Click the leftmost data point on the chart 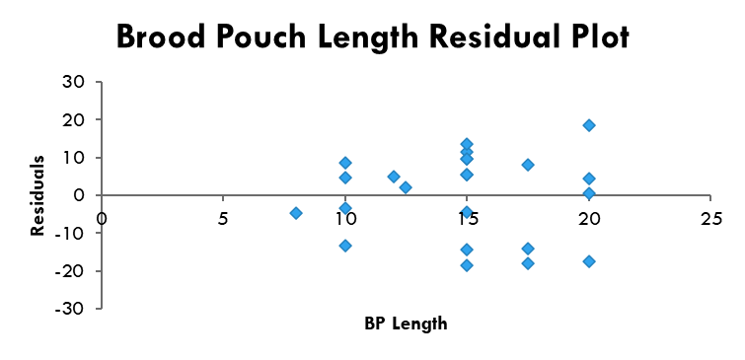click(x=296, y=213)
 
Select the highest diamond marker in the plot click(x=589, y=125)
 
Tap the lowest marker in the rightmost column click(x=589, y=261)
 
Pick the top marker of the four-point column click(x=345, y=163)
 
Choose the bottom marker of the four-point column click(x=345, y=246)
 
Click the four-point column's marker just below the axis click(x=345, y=208)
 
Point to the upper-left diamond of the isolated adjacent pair click(x=394, y=177)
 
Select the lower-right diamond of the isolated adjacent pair click(x=406, y=187)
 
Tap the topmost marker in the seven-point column click(x=467, y=144)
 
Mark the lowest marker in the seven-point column click(x=467, y=265)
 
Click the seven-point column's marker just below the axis click(x=467, y=212)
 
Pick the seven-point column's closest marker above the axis click(x=467, y=175)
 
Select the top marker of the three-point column click(x=528, y=165)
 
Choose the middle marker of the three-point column click(x=528, y=249)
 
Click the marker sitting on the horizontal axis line click(x=589, y=194)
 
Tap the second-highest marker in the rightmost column click(x=589, y=179)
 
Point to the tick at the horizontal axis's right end click(x=709, y=197)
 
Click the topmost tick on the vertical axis click(x=99, y=82)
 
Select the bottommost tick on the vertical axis click(x=99, y=308)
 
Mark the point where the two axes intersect click(x=102, y=195)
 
